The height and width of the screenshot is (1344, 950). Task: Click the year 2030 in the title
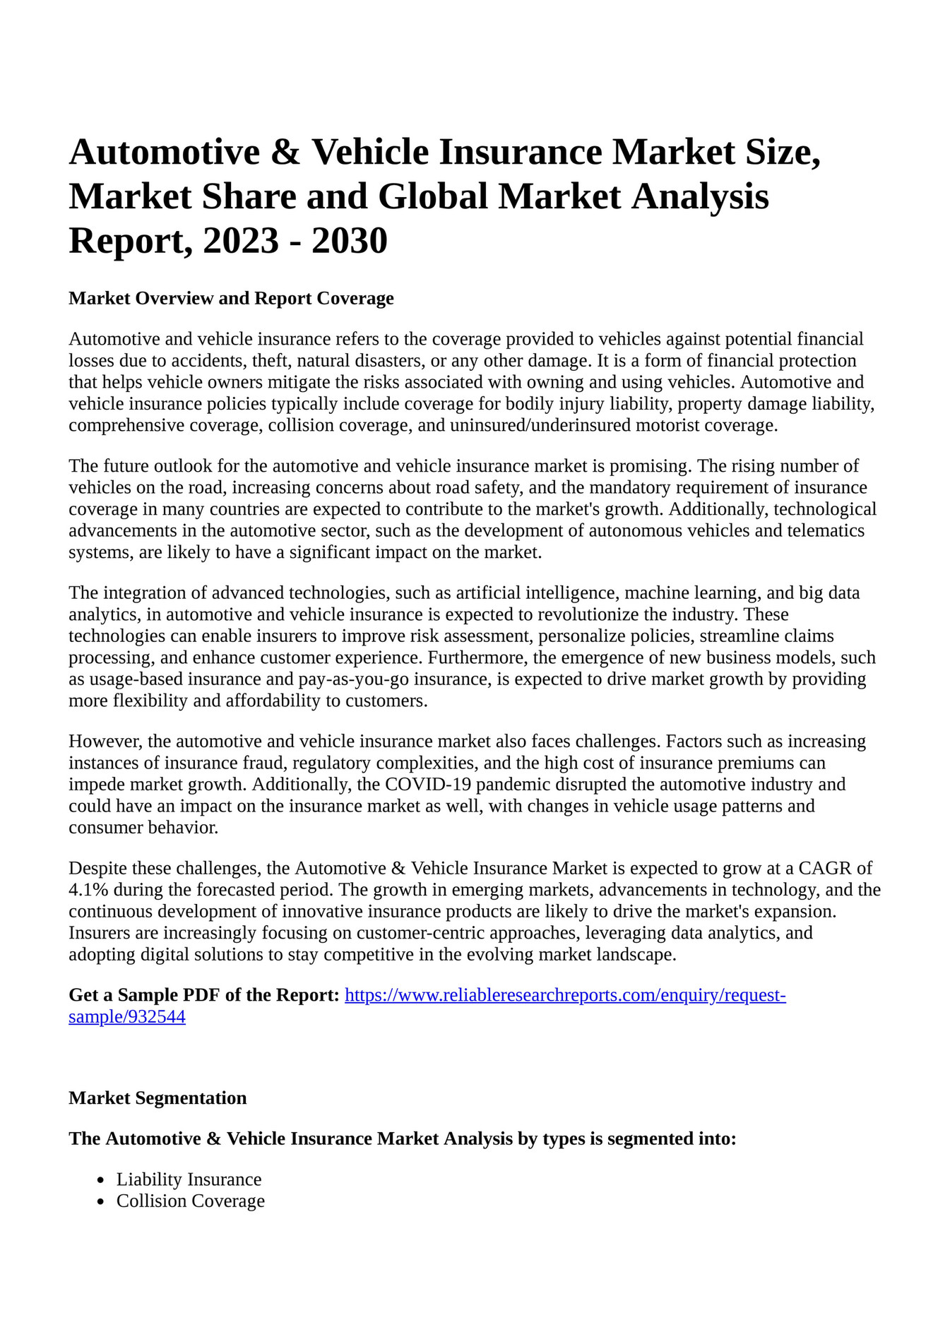click(349, 240)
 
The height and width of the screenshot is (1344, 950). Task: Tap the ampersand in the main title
click(285, 152)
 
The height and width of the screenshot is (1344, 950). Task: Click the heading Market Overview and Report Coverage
click(231, 298)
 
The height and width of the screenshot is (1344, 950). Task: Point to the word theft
click(271, 361)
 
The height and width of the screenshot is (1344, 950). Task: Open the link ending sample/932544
click(127, 1017)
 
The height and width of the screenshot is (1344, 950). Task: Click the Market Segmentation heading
click(158, 1098)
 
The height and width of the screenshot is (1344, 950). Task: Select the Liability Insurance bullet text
click(189, 1179)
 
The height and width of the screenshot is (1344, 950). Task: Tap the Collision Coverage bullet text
click(190, 1201)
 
